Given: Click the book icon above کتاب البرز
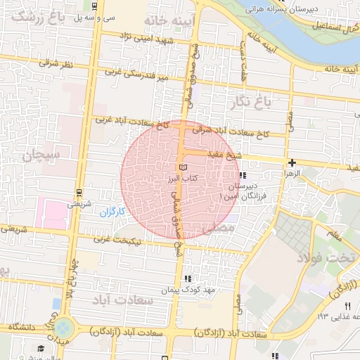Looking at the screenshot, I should coord(184,167).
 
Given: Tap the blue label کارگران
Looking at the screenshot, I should coord(110,211).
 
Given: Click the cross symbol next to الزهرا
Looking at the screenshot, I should coord(292,162).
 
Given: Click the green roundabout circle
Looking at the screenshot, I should coord(65,327).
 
